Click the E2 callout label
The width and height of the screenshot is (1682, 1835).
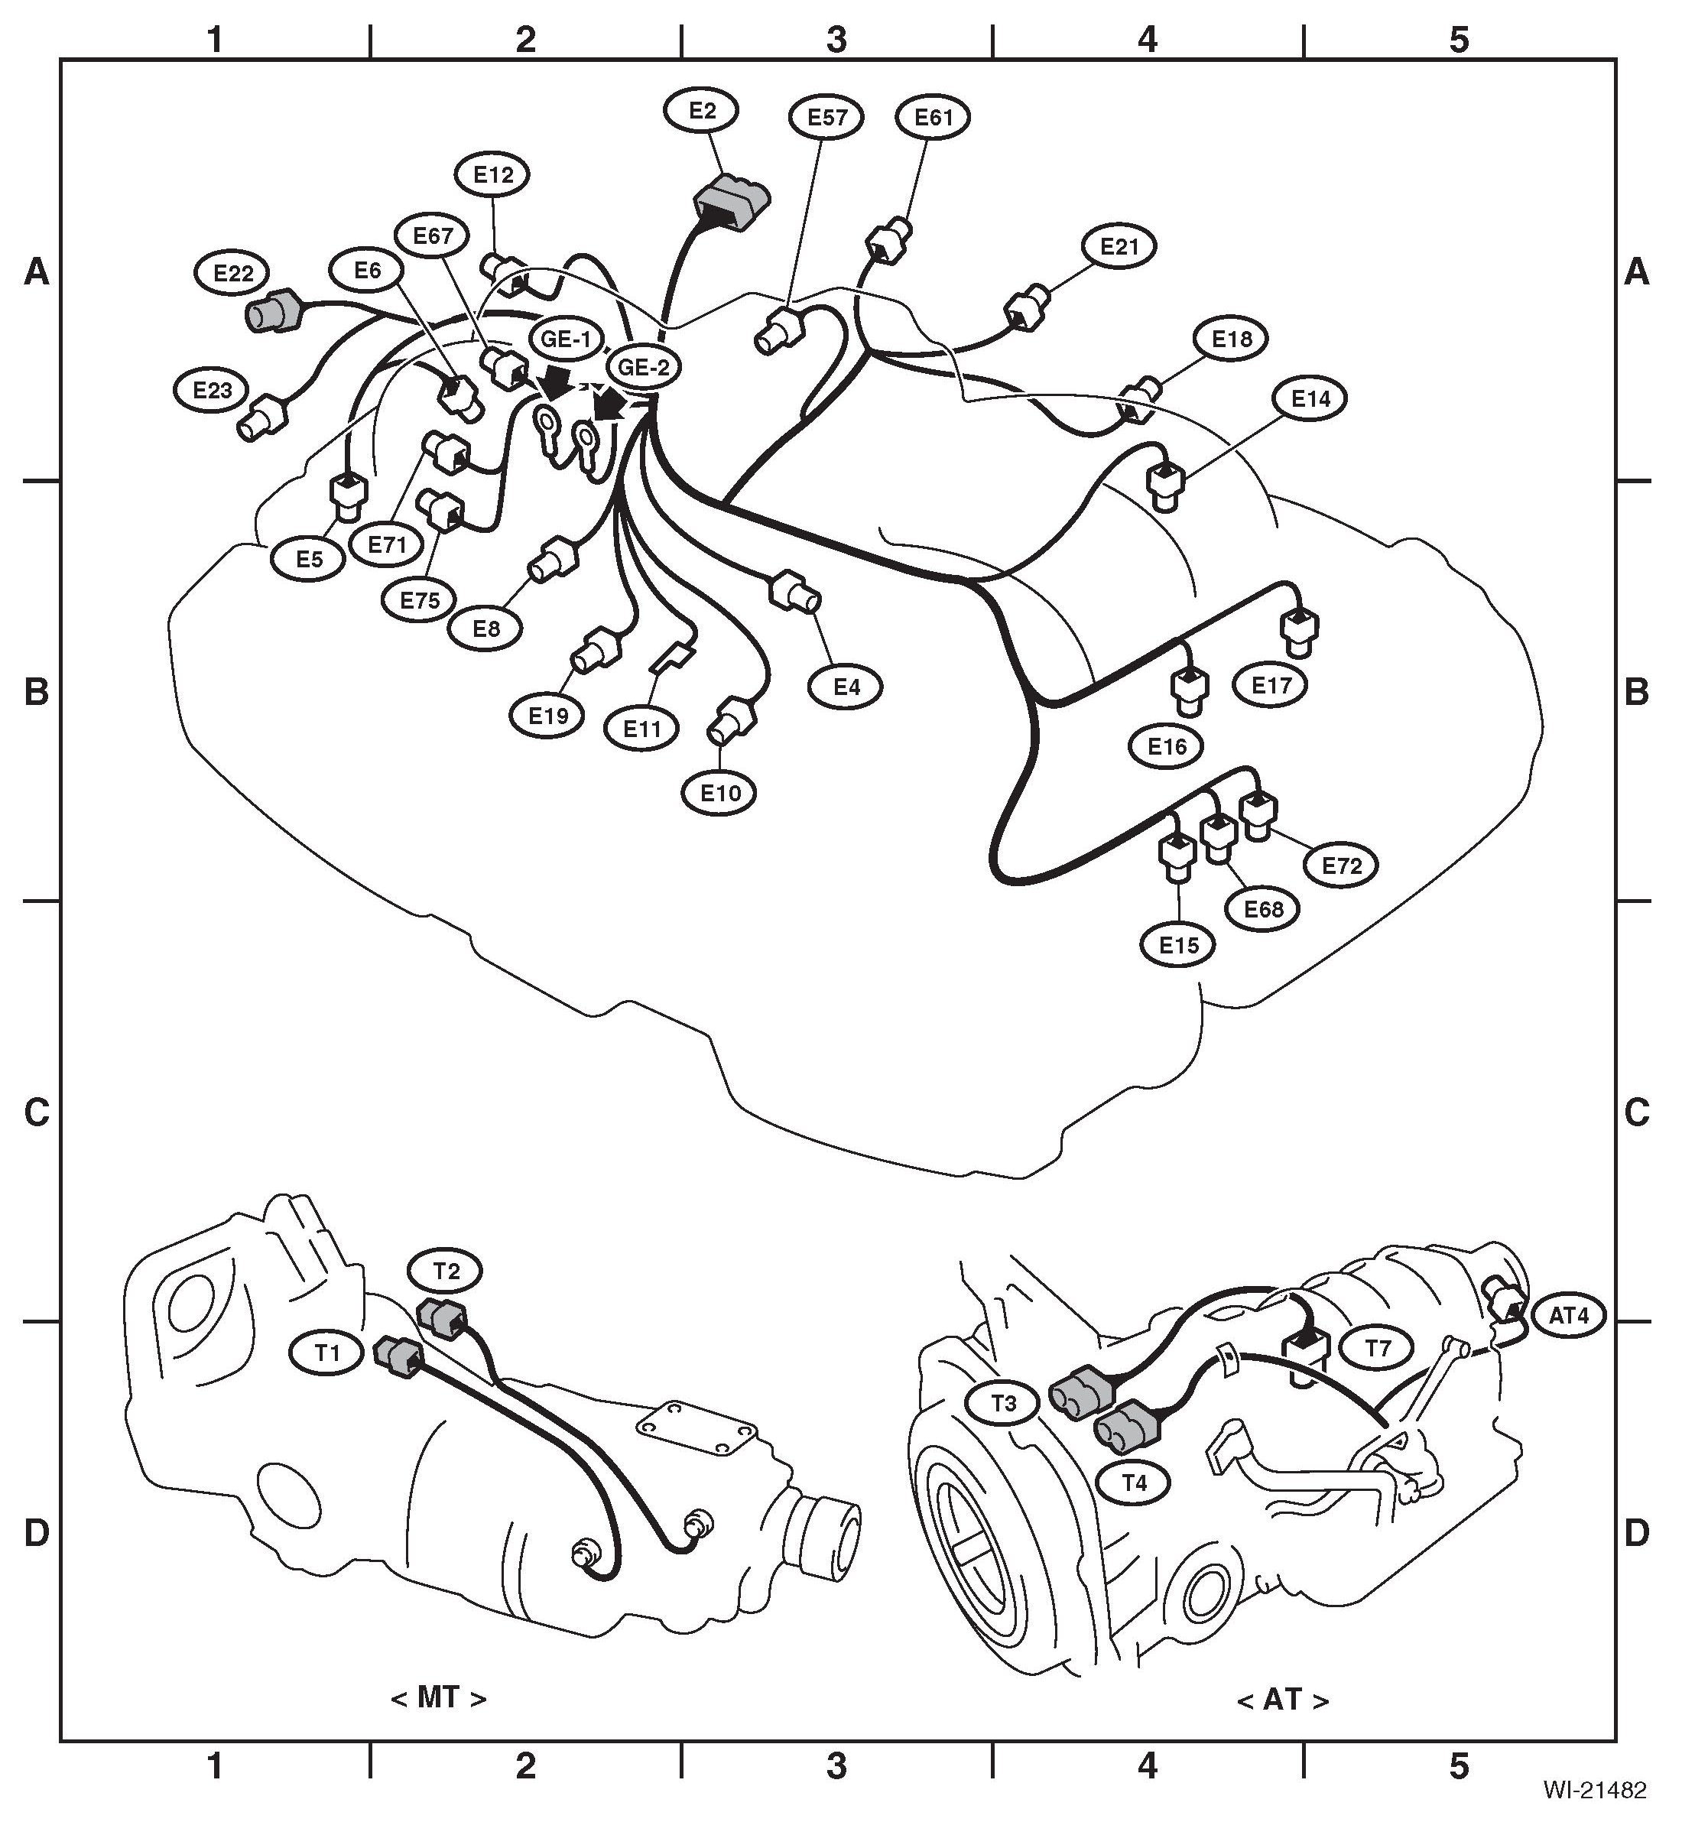click(702, 111)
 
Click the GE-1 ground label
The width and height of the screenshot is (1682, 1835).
click(566, 339)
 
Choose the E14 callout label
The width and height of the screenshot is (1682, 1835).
click(1310, 398)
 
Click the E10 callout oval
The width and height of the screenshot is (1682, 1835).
click(720, 793)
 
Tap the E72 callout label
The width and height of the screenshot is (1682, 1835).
click(1342, 866)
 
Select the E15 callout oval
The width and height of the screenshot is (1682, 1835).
click(1179, 945)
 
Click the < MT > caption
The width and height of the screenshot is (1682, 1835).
click(439, 1697)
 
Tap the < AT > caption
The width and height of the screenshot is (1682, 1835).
click(1282, 1700)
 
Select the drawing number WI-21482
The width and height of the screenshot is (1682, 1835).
click(1594, 1791)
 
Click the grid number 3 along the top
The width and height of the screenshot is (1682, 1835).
click(836, 39)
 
